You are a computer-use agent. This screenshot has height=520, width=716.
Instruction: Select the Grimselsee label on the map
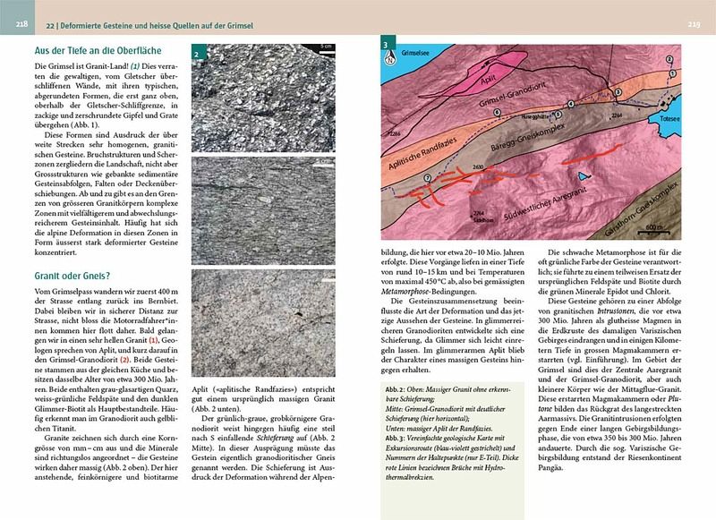tap(420, 53)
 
